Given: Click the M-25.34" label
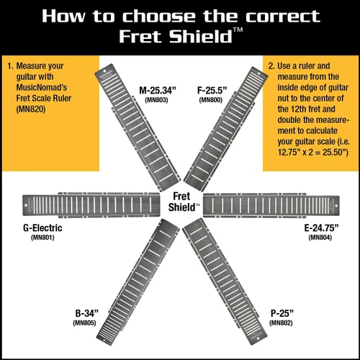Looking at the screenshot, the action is coord(158,91).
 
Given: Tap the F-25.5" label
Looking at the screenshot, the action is coord(212,91).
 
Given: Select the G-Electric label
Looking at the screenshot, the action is coord(42,228).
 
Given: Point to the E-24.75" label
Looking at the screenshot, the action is coord(321,228).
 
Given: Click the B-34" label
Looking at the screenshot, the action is coord(87,313).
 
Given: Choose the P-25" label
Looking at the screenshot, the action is coord(282,313).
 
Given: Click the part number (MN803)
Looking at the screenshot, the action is coord(156,100).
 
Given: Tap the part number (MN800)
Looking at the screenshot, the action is coord(211,100).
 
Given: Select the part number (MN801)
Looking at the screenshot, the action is coord(42,238).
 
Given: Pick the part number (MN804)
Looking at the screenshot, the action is coord(320,238).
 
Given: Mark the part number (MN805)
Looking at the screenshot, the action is coord(84,323).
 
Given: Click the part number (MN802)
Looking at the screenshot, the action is coord(281,323).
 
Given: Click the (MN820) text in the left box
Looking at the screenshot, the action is coord(31,109).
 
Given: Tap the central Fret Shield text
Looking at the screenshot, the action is coord(183,202).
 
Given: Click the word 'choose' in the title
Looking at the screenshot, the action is coord(158,17).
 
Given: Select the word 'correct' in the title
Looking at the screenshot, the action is coord(283,17).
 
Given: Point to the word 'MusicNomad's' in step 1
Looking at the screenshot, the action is coord(42,87).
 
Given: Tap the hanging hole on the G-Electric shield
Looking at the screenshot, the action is coord(26,205).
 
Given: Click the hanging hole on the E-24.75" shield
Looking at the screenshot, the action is coord(336,206).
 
